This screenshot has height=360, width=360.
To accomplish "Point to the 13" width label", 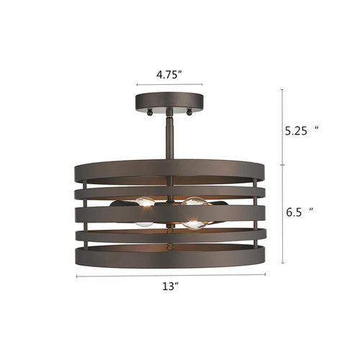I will (171, 285).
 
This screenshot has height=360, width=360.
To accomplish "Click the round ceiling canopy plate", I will (170, 101).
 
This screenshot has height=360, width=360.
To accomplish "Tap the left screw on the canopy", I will (148, 112).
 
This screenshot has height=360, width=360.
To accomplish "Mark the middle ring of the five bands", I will (238, 213).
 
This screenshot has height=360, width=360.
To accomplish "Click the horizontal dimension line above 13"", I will (171, 274).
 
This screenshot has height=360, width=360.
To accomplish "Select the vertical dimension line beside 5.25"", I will (282, 127).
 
